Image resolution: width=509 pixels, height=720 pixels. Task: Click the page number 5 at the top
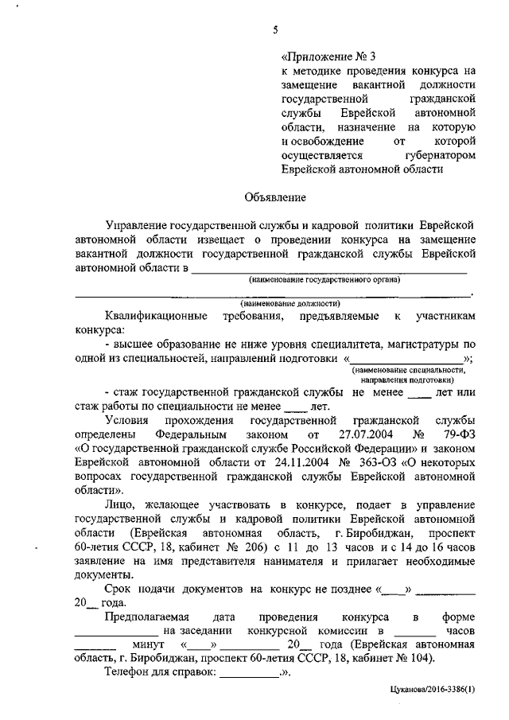pos(274,31)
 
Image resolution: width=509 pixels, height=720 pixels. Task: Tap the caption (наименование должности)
pos(290,303)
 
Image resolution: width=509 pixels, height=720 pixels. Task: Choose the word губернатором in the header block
pos(438,156)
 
